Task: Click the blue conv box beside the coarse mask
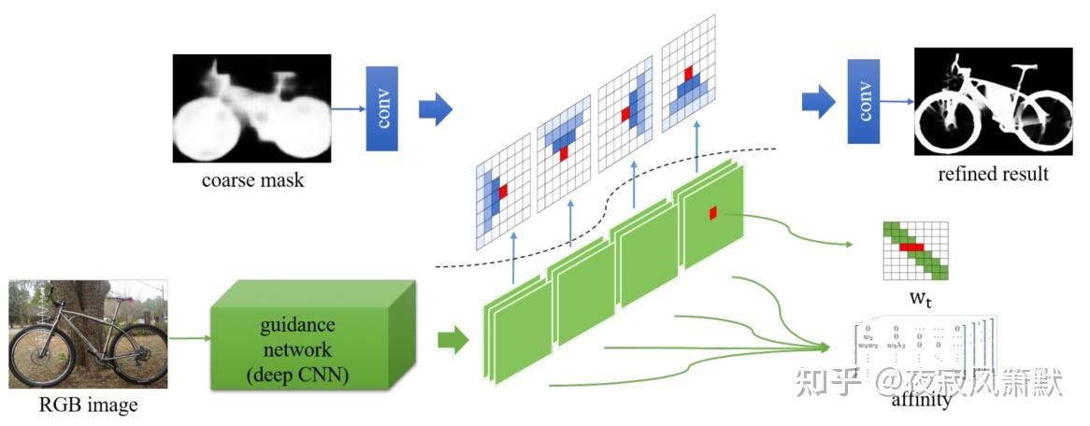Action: pos(381,108)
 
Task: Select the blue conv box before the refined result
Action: pos(863,101)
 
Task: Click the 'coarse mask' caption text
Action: pos(252,180)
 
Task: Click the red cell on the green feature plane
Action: pos(712,213)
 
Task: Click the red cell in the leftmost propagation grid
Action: pos(503,192)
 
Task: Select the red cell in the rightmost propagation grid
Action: pos(688,72)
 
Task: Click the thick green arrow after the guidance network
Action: pos(453,340)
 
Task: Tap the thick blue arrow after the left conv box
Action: pos(435,109)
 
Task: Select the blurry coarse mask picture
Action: pos(252,108)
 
